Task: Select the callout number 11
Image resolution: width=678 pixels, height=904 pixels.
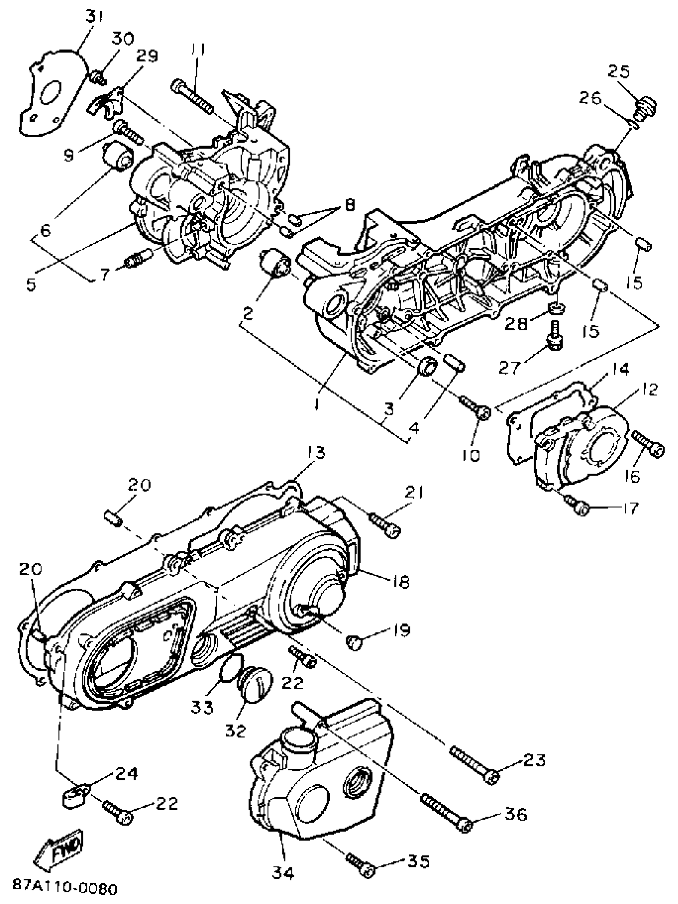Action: point(198,51)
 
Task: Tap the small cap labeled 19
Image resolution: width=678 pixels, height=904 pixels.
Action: point(355,643)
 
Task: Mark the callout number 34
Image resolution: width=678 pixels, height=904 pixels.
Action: point(283,874)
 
